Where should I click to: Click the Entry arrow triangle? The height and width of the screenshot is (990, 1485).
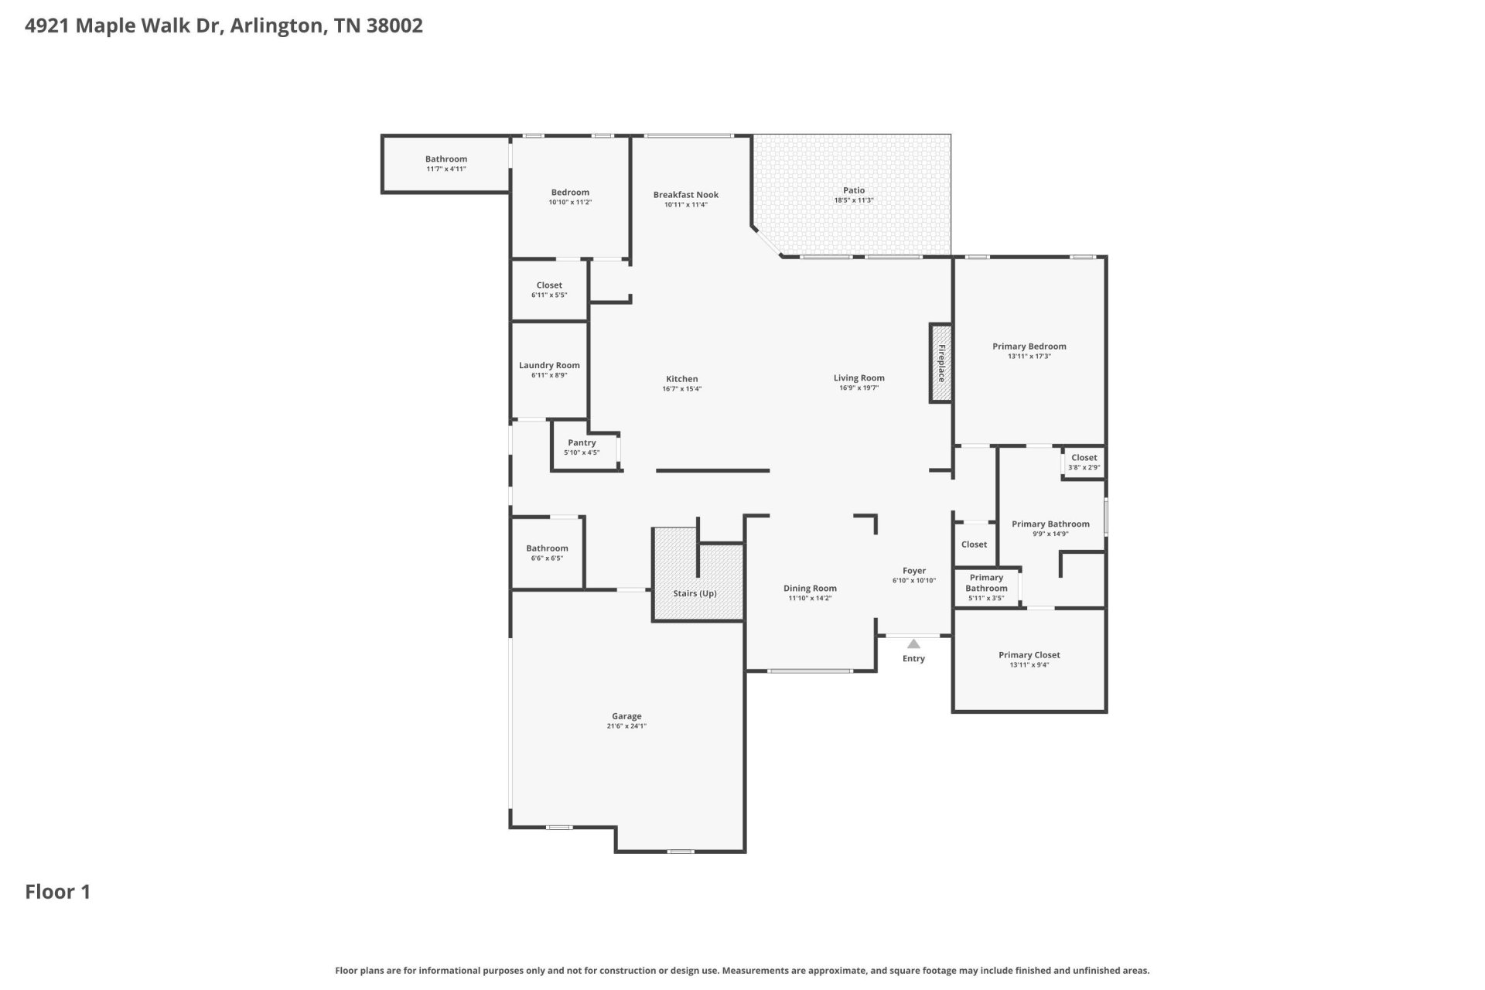pos(913,643)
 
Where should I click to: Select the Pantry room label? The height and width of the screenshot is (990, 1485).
pos(582,443)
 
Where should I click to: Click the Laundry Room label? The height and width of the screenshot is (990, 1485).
pos(549,365)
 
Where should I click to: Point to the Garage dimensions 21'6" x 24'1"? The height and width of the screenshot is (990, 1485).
pos(626,726)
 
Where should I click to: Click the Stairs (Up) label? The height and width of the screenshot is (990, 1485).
pos(695,593)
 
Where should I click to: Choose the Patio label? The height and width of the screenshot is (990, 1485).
pos(854,190)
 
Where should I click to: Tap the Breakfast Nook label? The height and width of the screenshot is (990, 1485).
pos(686,195)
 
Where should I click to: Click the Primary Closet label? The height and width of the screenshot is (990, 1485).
pos(1029,655)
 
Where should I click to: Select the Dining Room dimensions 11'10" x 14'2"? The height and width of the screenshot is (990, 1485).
pos(810,598)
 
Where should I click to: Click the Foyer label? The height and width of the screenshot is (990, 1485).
pos(914,571)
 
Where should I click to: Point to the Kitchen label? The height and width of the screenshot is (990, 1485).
pos(682,379)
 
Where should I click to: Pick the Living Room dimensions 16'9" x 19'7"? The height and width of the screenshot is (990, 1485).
pos(859,387)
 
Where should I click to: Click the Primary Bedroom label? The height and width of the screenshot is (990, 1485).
pos(1029,346)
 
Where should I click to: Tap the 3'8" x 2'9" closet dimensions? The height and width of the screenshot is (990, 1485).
pos(1084,467)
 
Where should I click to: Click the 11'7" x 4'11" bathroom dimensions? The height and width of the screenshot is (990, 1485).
pos(446,169)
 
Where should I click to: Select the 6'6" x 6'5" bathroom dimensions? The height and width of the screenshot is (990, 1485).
pos(547,558)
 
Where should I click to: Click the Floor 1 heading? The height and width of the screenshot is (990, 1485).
pos(58,892)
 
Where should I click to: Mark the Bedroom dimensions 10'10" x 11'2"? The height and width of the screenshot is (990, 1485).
pos(570,202)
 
